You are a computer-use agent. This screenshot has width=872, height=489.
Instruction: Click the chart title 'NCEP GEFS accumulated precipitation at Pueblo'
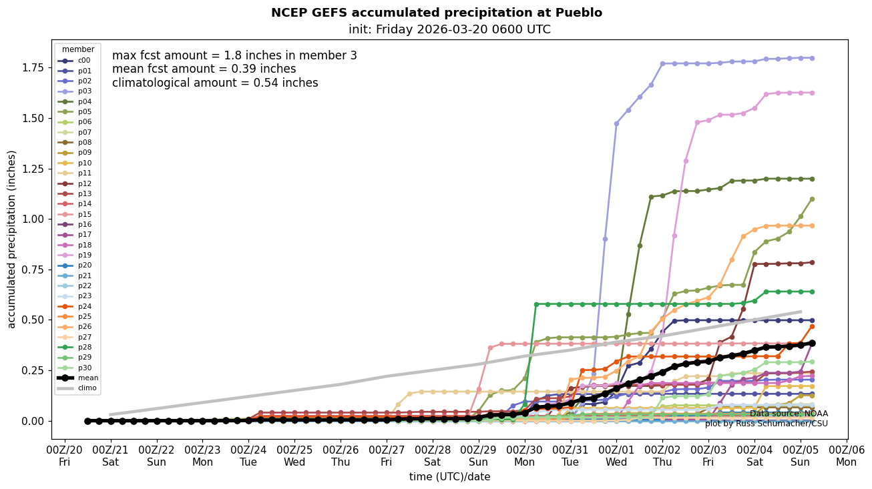(x=436, y=13)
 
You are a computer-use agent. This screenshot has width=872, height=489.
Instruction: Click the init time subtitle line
(x=449, y=29)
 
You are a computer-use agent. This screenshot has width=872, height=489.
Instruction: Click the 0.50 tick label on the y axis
(x=31, y=320)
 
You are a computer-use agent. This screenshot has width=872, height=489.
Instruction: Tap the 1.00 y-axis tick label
(x=31, y=219)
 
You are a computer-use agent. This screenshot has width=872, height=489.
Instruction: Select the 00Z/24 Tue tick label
(x=249, y=456)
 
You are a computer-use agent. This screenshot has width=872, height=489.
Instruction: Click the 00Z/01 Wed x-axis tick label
(x=616, y=456)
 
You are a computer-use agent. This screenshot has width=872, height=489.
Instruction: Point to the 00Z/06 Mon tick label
(x=847, y=456)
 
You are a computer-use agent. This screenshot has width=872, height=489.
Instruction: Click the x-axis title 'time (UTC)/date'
(x=449, y=477)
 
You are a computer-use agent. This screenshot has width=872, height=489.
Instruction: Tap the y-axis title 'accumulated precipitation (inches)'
(x=12, y=239)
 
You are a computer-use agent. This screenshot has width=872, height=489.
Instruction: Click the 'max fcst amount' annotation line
(x=234, y=55)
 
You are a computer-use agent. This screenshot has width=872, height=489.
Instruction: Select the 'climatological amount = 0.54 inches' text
(x=215, y=83)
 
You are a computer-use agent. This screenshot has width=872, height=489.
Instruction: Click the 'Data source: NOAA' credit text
(x=789, y=414)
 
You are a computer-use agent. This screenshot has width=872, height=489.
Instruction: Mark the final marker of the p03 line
(x=812, y=58)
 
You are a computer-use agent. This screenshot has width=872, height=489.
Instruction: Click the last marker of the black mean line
(x=812, y=343)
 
